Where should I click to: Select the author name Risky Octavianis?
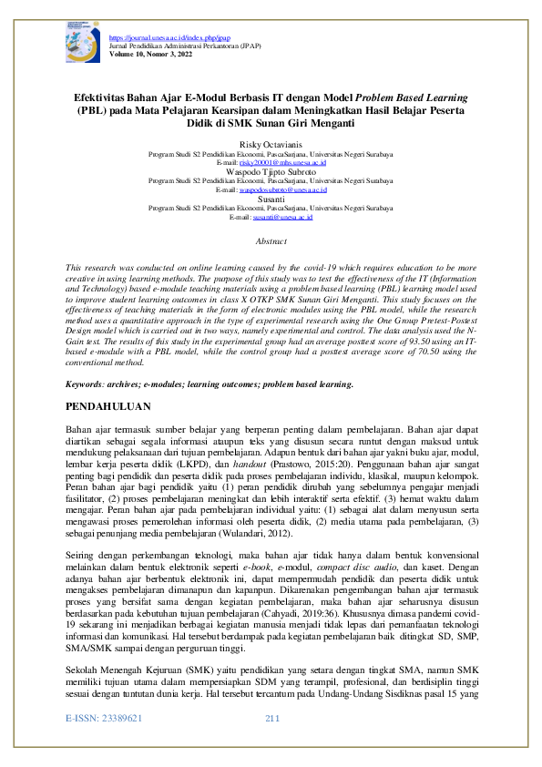tap(271, 145)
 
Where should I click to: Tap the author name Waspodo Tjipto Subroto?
tap(271, 170)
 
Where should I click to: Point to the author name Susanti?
tap(271, 198)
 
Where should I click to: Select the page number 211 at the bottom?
tap(271, 746)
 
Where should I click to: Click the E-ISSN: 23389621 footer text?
tap(106, 746)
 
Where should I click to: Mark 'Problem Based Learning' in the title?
tap(409, 95)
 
